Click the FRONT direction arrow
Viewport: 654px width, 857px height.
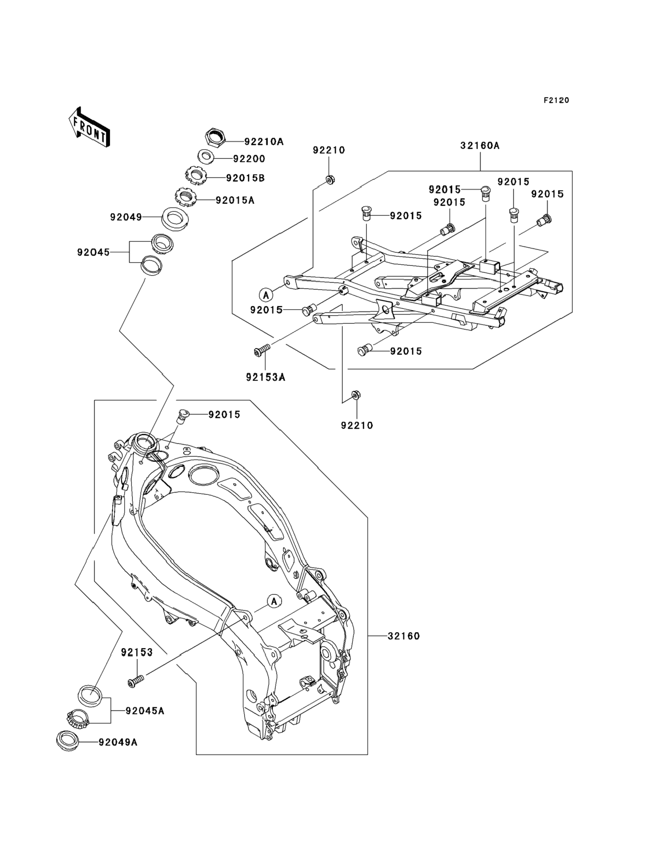89,127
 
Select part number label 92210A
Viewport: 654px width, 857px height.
264,142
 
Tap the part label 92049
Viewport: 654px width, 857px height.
126,217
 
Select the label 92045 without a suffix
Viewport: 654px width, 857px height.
94,253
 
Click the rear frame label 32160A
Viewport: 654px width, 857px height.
480,146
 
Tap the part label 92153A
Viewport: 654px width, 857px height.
265,377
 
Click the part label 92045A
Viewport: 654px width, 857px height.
145,711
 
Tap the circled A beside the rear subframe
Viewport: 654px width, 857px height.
266,295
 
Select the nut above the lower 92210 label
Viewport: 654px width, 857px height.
355,395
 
